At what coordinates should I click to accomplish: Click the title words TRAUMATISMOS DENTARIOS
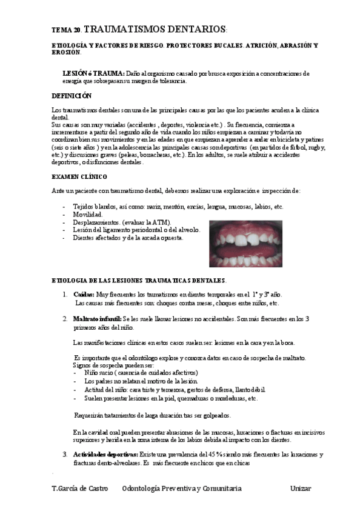coord(155,29)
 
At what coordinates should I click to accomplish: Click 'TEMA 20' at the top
coord(66,30)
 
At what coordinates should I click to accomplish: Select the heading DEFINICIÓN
coord(72,96)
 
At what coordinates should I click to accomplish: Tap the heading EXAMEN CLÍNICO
coord(79,176)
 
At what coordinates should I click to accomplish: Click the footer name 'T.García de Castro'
coord(80,488)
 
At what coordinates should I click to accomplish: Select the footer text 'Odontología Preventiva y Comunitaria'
coord(182,488)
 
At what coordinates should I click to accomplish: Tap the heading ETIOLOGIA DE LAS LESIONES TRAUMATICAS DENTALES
coord(139,280)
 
